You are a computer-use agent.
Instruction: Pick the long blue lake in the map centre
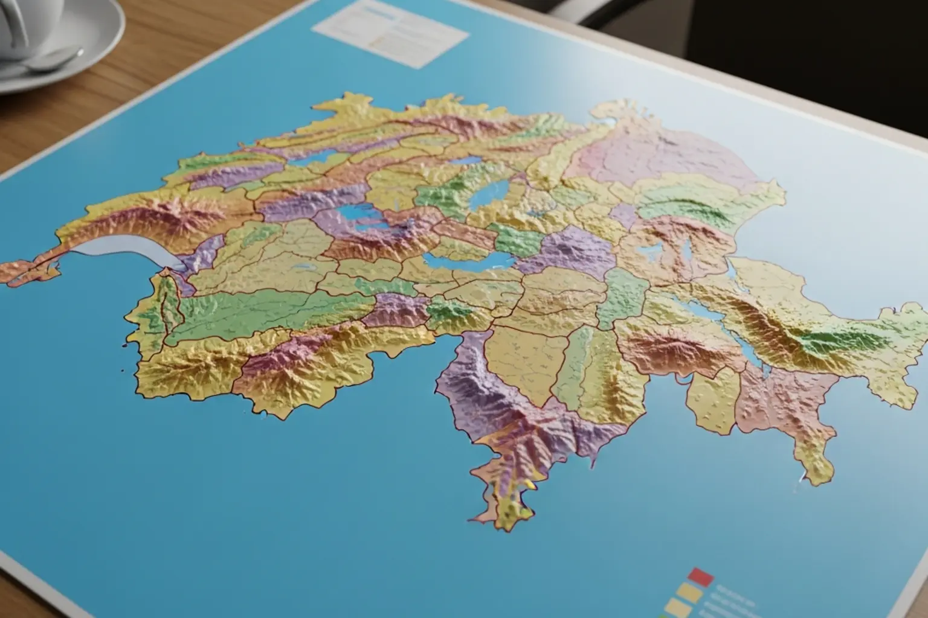[465, 260]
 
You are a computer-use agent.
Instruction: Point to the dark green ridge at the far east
[828, 344]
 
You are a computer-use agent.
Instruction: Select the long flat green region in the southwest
[266, 308]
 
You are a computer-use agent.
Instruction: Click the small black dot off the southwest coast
[123, 369]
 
